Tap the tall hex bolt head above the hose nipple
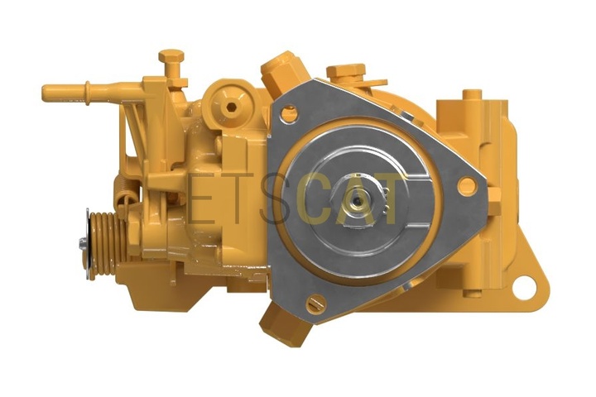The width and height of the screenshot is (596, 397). tap(171, 56)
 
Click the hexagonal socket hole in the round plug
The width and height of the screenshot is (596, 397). tap(230, 108)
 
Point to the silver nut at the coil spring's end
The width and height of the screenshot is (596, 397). tap(82, 243)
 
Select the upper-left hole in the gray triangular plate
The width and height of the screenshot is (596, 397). tap(289, 113)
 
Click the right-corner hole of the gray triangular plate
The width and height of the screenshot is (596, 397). tap(467, 186)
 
